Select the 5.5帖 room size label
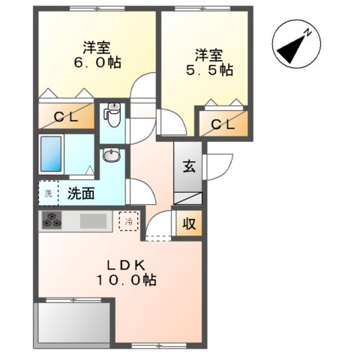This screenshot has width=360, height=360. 210,70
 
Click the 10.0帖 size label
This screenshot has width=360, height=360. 125,280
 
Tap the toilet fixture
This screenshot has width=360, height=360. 112,116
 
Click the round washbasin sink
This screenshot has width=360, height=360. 111,156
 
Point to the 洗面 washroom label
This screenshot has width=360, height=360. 81,193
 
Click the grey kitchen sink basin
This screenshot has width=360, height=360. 94,220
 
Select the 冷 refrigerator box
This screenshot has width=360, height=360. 129,221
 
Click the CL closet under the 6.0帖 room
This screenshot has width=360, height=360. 66,116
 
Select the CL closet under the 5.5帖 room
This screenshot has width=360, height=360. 223,124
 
